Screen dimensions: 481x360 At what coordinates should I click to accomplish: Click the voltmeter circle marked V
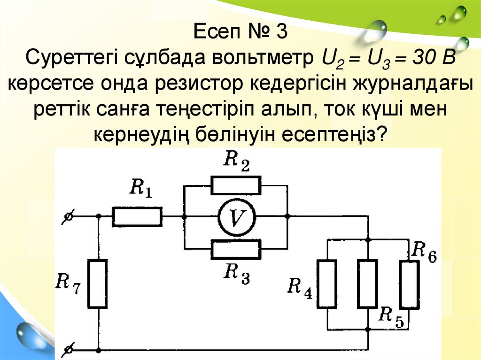tap(235, 216)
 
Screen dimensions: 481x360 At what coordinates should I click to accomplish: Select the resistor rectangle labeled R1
tap(137, 217)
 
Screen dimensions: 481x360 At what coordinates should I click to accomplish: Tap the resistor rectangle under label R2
tap(235, 186)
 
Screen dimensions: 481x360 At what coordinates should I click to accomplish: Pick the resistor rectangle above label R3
tap(235, 249)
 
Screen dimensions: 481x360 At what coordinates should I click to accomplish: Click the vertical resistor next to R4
tap(327, 284)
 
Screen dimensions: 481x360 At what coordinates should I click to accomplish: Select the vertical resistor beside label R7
tap(98, 283)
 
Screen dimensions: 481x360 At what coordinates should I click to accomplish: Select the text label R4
tap(300, 286)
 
